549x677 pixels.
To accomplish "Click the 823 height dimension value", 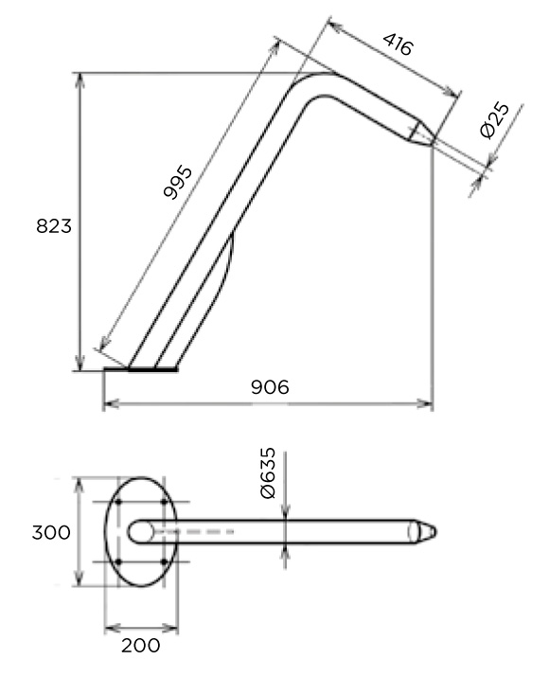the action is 54,226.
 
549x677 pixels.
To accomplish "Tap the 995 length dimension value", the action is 178,182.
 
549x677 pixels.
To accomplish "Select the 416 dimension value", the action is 398,45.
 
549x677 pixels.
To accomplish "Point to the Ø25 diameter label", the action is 495,120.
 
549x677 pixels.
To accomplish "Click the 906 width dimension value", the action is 270,387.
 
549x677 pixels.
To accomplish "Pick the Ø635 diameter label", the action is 268,473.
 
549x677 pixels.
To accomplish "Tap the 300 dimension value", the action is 51,532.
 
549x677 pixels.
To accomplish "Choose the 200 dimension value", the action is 141,646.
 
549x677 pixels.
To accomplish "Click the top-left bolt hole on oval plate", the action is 117,502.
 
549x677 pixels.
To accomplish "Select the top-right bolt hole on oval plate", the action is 164,502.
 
